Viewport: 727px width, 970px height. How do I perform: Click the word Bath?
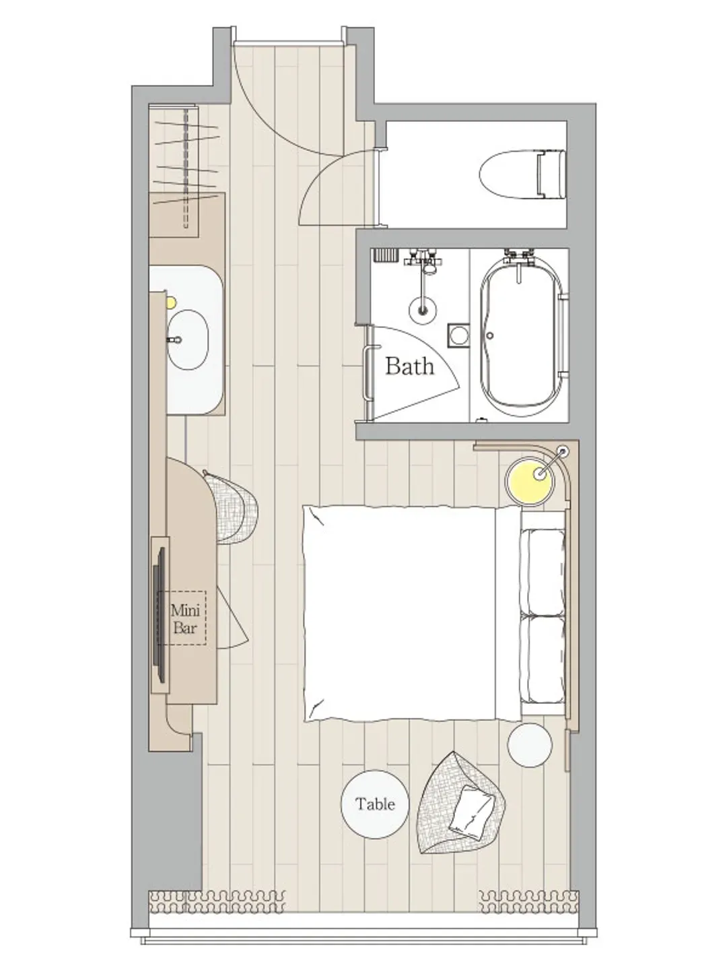pos(410,366)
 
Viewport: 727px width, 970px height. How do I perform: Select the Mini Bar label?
pos(185,619)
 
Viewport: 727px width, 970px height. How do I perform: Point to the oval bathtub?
pos(522,337)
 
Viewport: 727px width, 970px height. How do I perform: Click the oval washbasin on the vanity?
pos(188,339)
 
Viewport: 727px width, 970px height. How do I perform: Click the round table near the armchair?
pos(375,804)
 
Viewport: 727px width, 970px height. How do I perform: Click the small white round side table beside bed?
pos(530,745)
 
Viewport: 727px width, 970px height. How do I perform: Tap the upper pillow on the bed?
pos(543,572)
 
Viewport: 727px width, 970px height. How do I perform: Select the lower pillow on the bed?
pos(543,659)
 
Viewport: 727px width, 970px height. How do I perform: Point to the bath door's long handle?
pos(367,373)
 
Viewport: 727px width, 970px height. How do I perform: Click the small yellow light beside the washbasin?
pos(171,302)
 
